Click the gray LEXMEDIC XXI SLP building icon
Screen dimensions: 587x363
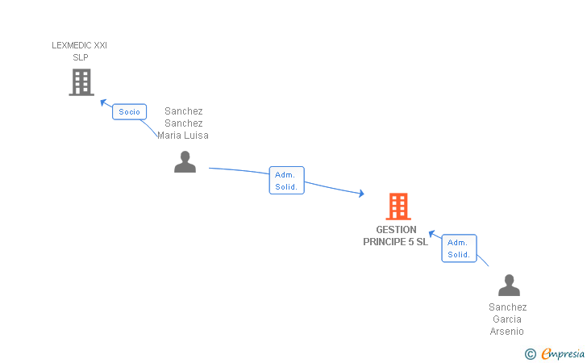(81, 82)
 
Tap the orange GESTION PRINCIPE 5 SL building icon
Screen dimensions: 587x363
(398, 207)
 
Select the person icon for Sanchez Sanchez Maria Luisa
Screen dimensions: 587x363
(185, 162)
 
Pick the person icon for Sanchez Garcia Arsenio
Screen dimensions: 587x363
(509, 286)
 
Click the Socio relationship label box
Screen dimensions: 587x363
(129, 112)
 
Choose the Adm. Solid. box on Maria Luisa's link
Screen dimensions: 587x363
(286, 181)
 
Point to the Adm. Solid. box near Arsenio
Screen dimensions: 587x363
(459, 248)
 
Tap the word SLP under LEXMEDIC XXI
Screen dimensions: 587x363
(80, 57)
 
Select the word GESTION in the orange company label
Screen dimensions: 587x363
(396, 230)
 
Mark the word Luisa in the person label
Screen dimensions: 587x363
(197, 136)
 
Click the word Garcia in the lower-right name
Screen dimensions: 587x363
(508, 319)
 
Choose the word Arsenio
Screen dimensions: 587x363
(507, 332)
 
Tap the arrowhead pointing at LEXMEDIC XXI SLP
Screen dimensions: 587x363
(103, 102)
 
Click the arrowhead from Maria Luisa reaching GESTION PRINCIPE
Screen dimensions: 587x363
(360, 194)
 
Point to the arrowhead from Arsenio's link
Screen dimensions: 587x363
(432, 234)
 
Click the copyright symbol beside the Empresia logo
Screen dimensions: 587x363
(530, 353)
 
